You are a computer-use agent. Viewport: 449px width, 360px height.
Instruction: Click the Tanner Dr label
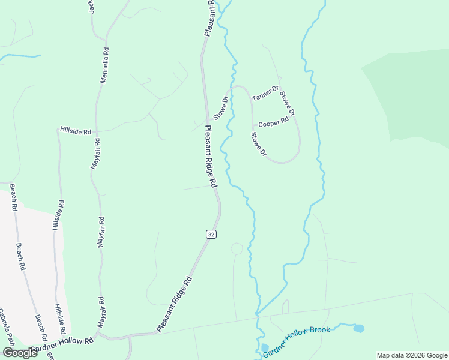click(x=265, y=94)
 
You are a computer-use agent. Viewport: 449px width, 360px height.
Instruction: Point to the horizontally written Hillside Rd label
click(x=75, y=130)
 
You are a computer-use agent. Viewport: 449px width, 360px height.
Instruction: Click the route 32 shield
click(x=209, y=234)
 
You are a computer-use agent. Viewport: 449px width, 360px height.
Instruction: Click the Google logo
click(x=20, y=352)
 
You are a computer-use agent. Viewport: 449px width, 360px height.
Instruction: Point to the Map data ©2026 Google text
click(x=412, y=355)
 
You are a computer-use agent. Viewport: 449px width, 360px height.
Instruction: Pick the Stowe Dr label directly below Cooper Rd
click(x=258, y=144)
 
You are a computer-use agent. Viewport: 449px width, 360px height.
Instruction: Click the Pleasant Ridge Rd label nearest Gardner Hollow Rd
click(x=174, y=304)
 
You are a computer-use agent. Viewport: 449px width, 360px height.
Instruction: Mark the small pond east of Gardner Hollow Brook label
click(x=358, y=328)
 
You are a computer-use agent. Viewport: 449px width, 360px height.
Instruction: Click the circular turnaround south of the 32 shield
click(x=237, y=248)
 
